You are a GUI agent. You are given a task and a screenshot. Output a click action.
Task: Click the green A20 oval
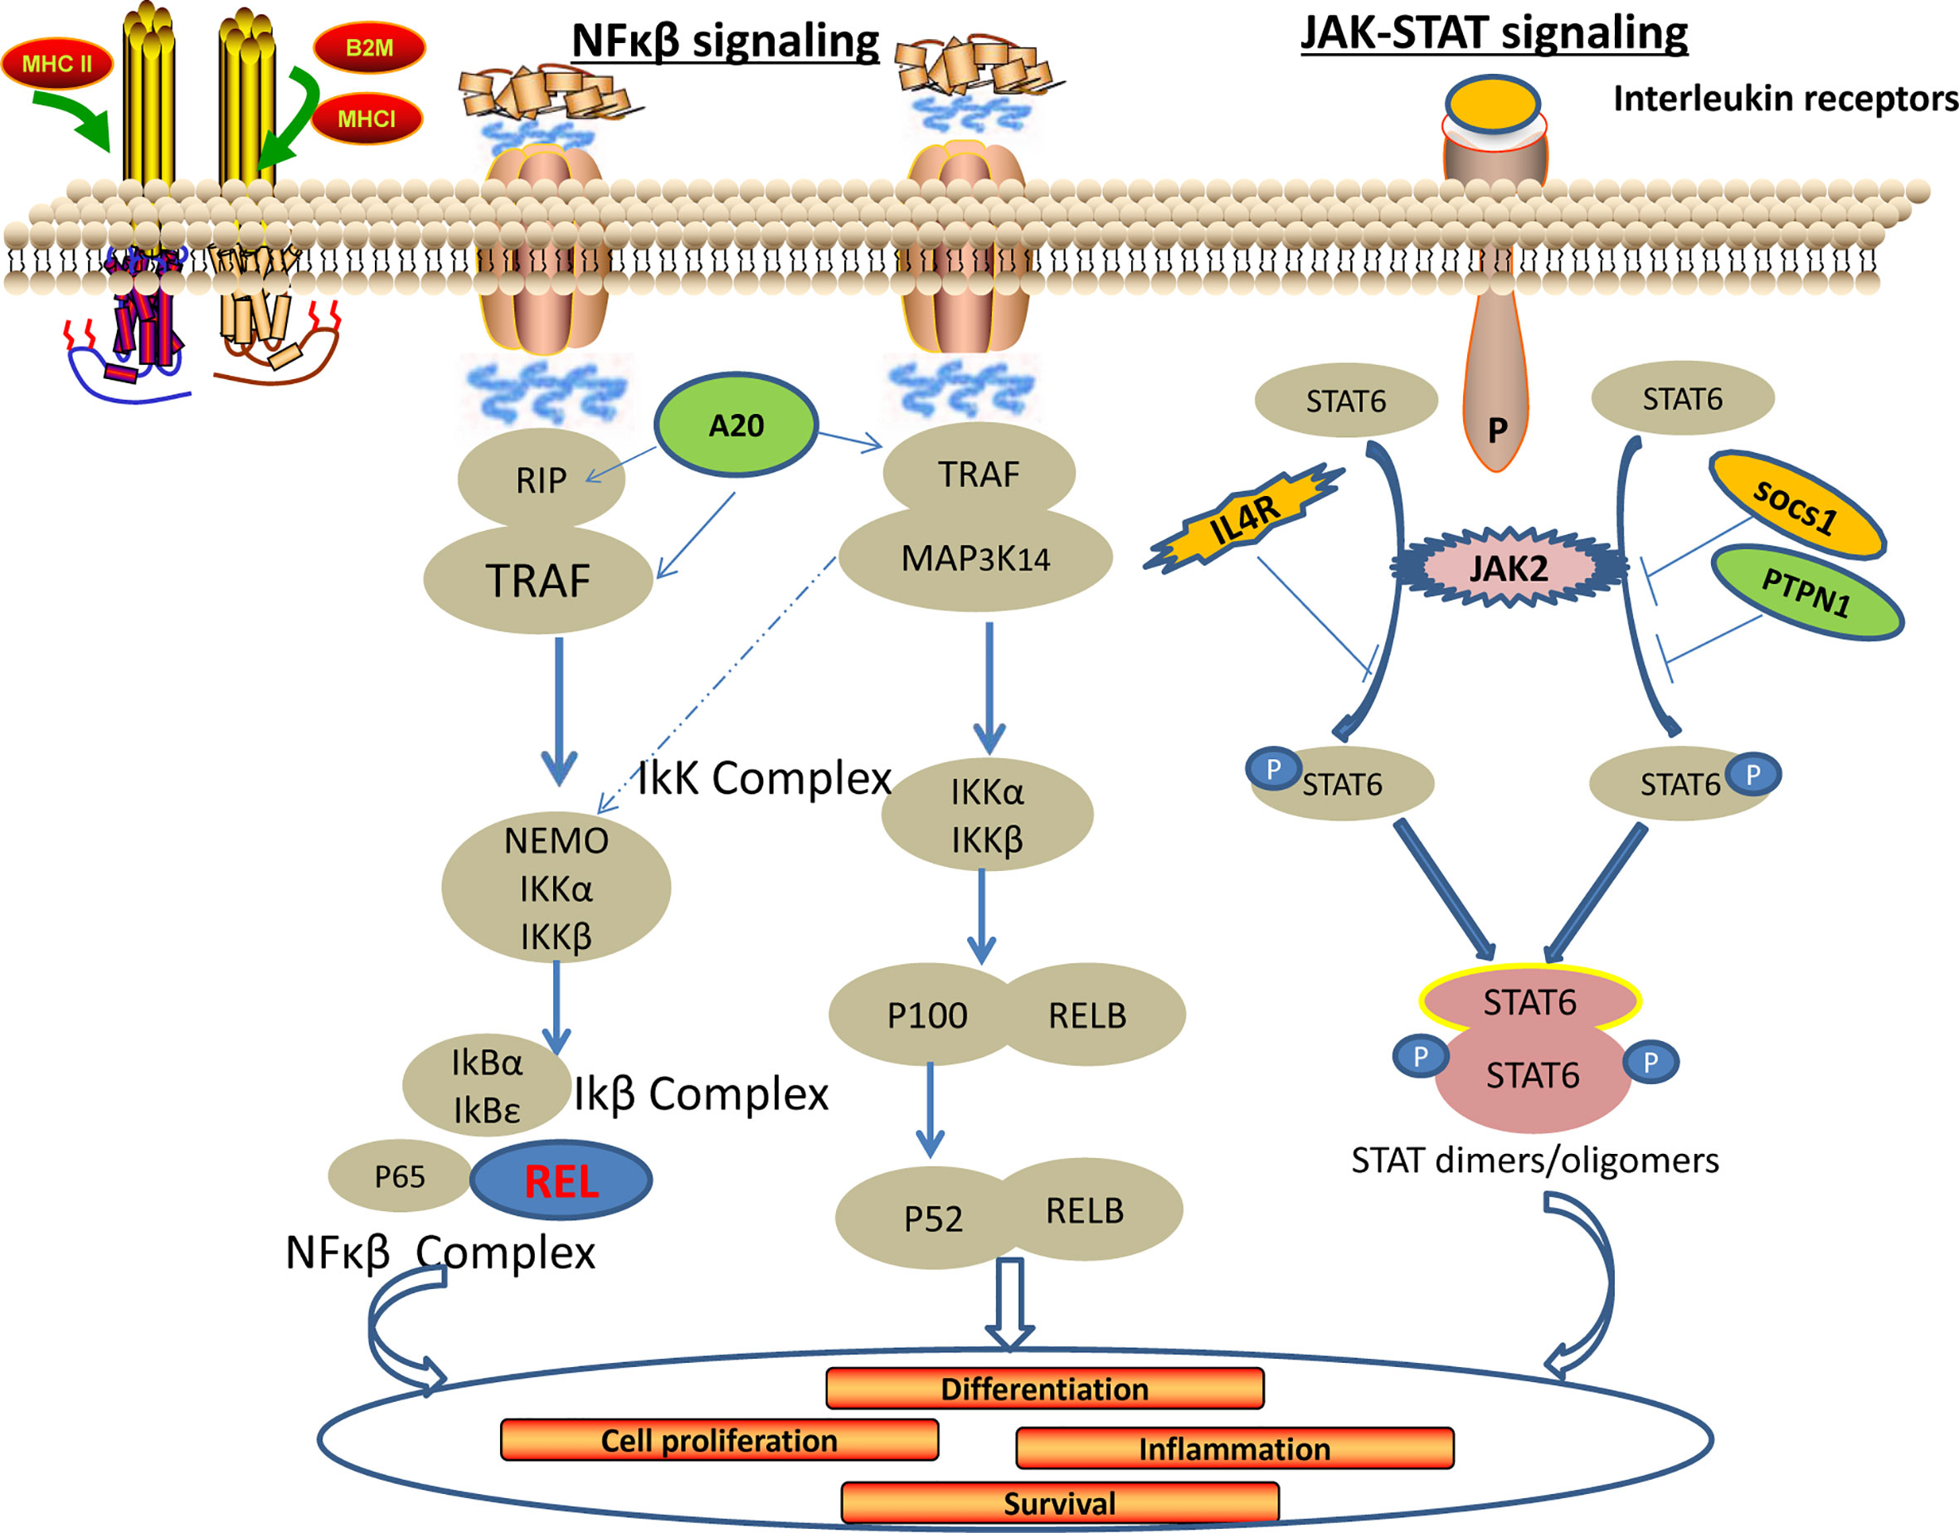(736, 425)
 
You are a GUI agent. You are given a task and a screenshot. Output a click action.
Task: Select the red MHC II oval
(57, 64)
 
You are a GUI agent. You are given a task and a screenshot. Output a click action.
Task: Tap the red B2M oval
(369, 47)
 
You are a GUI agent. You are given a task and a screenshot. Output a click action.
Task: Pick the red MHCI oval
(366, 119)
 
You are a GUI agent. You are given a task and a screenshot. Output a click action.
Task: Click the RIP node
(541, 480)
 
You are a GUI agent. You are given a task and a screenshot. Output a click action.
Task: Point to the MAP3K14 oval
(975, 559)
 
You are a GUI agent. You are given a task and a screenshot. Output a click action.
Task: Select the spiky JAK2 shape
(1509, 568)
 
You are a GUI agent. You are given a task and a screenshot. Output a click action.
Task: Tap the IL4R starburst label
(1245, 519)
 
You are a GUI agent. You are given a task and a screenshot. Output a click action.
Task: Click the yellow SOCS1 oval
(1796, 506)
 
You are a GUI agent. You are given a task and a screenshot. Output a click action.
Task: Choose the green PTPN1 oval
(1806, 593)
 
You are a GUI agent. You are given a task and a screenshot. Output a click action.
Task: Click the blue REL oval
(561, 1180)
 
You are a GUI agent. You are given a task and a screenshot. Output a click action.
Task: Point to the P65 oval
(399, 1176)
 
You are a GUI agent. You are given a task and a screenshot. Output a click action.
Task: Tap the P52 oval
(932, 1219)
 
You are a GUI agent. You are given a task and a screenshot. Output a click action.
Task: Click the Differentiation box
(1044, 1389)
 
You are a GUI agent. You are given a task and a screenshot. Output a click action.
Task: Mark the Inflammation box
(1234, 1448)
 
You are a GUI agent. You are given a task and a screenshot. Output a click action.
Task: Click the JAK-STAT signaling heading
(1495, 32)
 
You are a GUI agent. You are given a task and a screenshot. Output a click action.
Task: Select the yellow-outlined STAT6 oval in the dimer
(1530, 1000)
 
